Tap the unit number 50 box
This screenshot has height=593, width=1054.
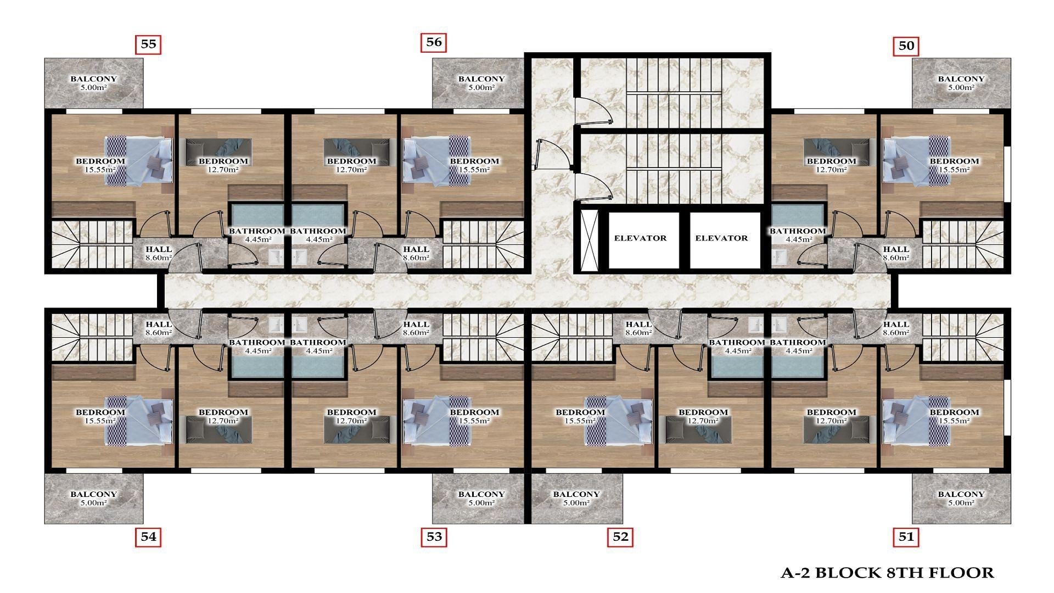pyautogui.click(x=906, y=46)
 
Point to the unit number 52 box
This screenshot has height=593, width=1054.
pyautogui.click(x=620, y=537)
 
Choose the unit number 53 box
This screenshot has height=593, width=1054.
pyautogui.click(x=434, y=537)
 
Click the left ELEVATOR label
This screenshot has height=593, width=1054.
pyautogui.click(x=640, y=238)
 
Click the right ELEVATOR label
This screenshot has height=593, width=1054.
pyautogui.click(x=721, y=238)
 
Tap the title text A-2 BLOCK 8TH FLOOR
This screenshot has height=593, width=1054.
pyautogui.click(x=887, y=573)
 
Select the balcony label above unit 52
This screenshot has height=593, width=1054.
pyautogui.click(x=576, y=498)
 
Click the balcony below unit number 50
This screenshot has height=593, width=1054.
pyautogui.click(x=961, y=83)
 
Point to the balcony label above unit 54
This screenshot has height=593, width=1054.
pyautogui.click(x=93, y=498)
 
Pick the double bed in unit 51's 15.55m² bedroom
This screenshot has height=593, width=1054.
pyautogui.click(x=915, y=421)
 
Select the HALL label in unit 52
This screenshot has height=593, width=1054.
pyautogui.click(x=638, y=328)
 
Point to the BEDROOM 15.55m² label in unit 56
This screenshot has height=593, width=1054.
pyautogui.click(x=474, y=165)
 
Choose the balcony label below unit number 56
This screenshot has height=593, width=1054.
pyautogui.click(x=481, y=83)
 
